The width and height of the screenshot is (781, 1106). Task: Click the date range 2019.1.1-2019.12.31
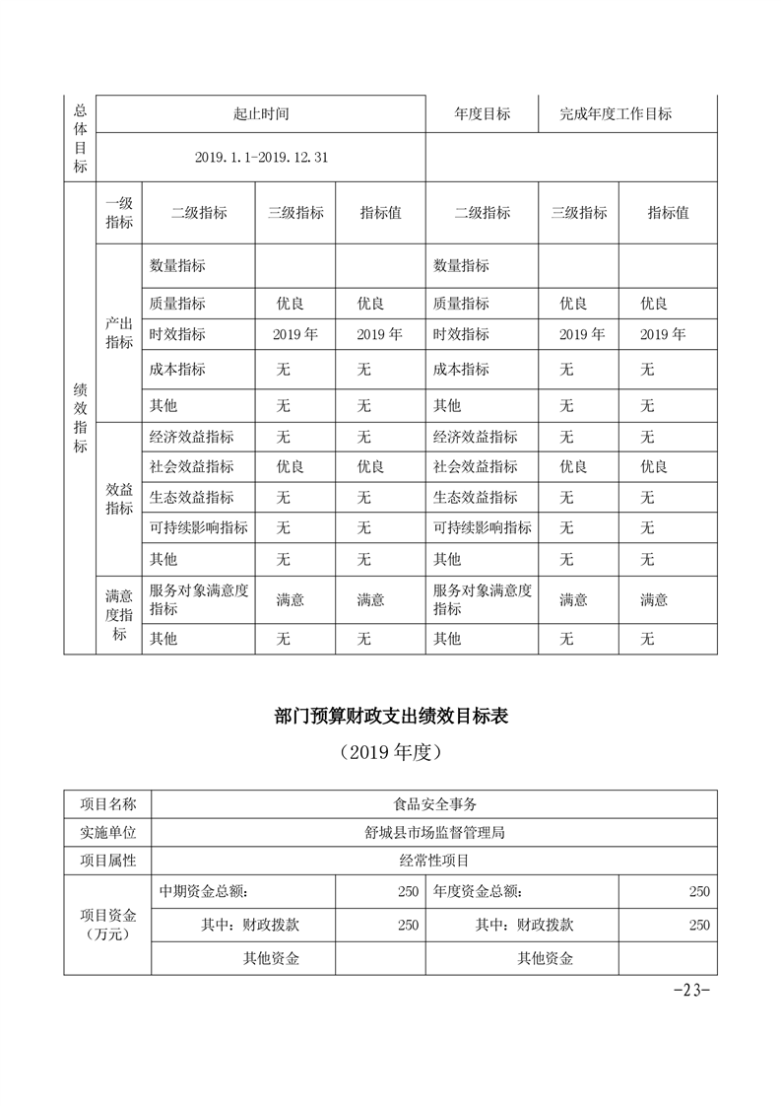(261, 157)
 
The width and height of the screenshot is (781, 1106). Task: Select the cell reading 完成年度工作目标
(616, 113)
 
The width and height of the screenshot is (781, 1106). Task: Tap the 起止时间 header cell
(261, 113)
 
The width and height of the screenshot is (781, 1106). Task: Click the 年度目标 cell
(483, 113)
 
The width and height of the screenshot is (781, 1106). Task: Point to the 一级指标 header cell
(119, 212)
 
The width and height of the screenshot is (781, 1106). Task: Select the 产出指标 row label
(119, 333)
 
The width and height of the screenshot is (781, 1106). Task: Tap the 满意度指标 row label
(119, 615)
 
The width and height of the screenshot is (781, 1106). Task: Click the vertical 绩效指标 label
(80, 418)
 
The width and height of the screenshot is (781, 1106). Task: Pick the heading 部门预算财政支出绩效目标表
(391, 717)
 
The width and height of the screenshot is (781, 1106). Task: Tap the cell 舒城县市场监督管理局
(434, 832)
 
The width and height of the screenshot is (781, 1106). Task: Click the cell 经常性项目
(434, 861)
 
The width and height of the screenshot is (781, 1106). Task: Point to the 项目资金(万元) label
(108, 925)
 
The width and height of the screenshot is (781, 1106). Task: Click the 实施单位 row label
(108, 832)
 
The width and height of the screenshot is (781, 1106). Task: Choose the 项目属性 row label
(108, 861)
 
